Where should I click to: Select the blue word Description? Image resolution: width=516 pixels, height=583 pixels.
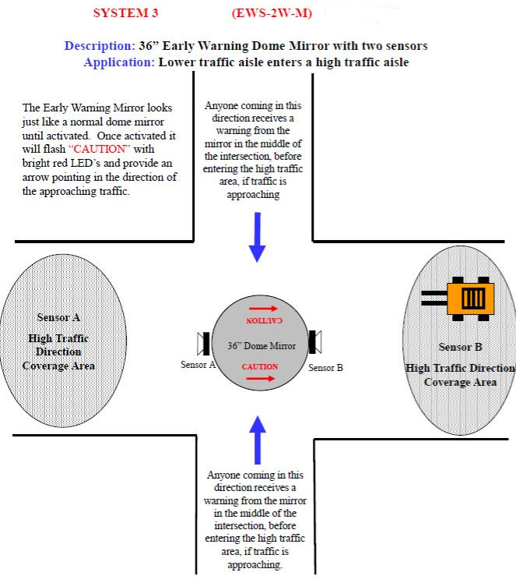[98, 46]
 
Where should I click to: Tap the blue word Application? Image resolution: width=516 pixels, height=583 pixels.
[118, 62]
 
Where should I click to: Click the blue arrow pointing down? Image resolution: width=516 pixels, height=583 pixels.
[258, 237]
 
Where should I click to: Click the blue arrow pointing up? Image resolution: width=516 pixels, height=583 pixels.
[258, 440]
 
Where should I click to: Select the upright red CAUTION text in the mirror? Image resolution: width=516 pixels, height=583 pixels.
[259, 366]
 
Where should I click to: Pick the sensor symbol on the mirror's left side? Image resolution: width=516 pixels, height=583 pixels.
[203, 344]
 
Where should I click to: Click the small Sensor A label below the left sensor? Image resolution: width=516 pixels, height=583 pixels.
[198, 364]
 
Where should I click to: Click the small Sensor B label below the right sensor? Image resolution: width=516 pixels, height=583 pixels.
[325, 367]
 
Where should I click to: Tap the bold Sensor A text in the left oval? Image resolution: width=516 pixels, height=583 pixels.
[58, 317]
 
